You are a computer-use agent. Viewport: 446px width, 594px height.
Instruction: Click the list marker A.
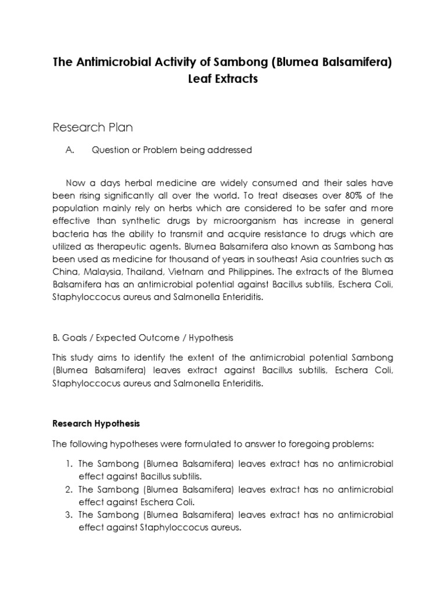coord(70,150)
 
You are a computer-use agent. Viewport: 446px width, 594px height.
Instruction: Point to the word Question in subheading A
coord(113,150)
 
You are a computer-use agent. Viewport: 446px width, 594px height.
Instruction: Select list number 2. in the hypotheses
coord(69,490)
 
